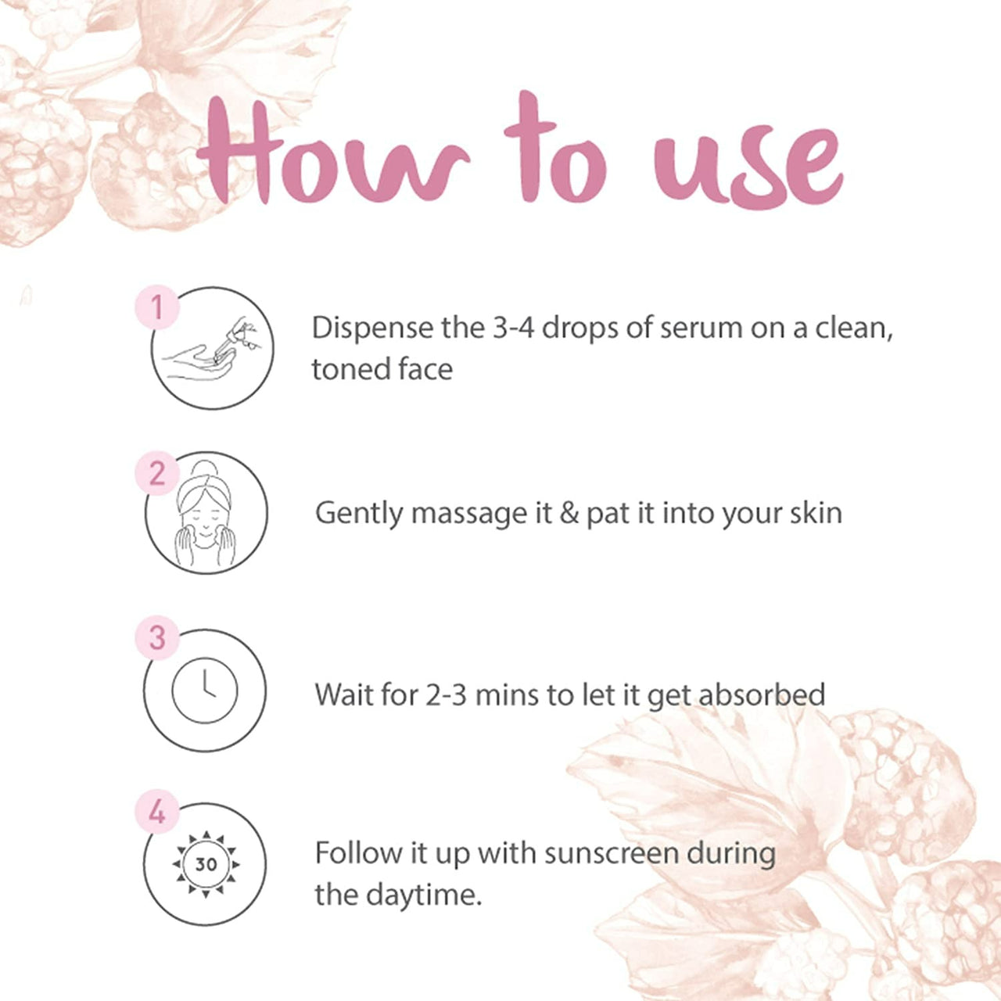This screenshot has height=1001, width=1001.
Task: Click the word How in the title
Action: click(x=333, y=153)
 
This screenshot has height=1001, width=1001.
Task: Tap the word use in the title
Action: click(x=748, y=164)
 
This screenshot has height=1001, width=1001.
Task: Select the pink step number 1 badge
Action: click(x=157, y=307)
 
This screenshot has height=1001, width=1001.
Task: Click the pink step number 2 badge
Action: click(x=157, y=473)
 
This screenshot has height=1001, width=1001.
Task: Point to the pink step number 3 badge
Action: click(x=157, y=637)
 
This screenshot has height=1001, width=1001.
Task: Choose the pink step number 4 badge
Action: click(x=157, y=812)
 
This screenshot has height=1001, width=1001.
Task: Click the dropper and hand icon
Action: click(x=212, y=349)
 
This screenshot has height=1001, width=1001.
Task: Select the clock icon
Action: click(x=205, y=691)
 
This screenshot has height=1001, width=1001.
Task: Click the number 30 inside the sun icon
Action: click(x=206, y=864)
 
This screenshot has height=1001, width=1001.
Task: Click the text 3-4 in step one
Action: click(x=513, y=328)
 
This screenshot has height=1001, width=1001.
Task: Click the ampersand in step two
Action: click(x=569, y=513)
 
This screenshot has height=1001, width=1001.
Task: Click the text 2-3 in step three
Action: click(x=446, y=694)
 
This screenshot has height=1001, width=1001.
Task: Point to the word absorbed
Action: click(x=762, y=694)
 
